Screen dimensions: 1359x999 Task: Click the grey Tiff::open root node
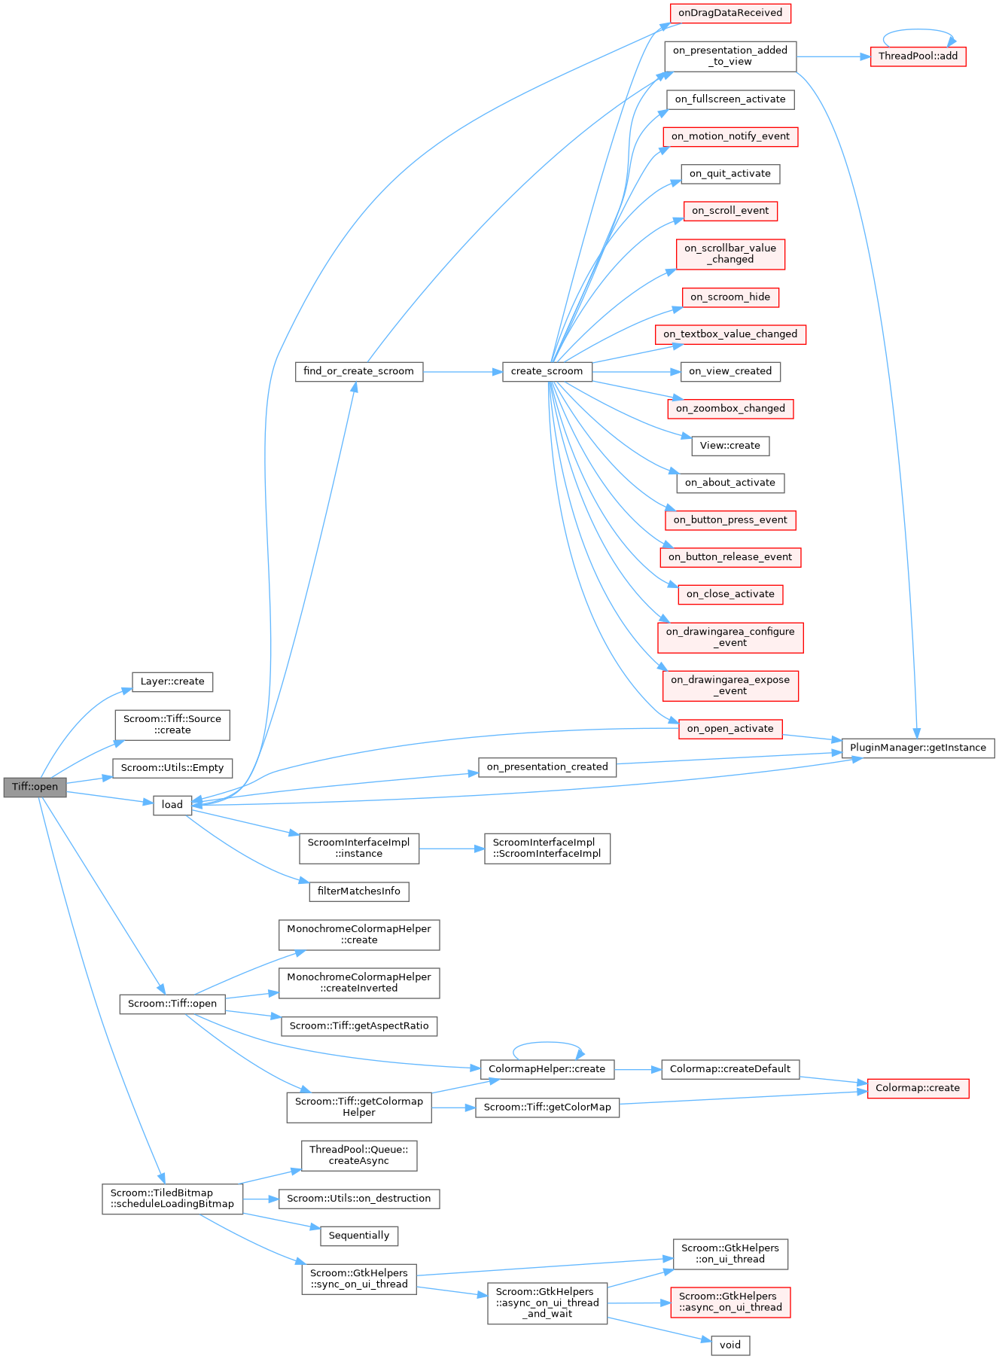click(x=35, y=787)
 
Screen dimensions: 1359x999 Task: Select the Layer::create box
click(x=172, y=681)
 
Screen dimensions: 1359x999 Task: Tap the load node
click(x=172, y=804)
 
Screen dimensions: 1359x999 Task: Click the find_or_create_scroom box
click(x=358, y=371)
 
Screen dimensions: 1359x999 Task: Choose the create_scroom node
click(x=547, y=371)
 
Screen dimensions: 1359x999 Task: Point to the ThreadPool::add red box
click(x=918, y=56)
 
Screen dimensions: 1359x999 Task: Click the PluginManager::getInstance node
click(x=918, y=748)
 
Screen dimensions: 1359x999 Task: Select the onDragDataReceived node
click(x=730, y=13)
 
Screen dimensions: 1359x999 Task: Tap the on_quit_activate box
click(x=730, y=173)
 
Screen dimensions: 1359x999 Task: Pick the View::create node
click(x=730, y=445)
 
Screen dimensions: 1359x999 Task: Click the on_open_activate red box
click(x=730, y=728)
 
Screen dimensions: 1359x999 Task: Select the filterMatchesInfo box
click(x=359, y=891)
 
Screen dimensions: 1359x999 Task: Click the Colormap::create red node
click(x=918, y=1088)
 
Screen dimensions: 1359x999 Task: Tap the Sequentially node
click(x=359, y=1236)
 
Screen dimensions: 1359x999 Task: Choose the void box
click(x=730, y=1345)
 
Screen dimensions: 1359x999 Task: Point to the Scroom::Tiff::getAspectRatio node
click(x=359, y=1025)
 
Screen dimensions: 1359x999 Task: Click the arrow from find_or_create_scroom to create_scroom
click(x=462, y=372)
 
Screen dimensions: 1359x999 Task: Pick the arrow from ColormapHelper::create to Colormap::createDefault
click(x=638, y=1069)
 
